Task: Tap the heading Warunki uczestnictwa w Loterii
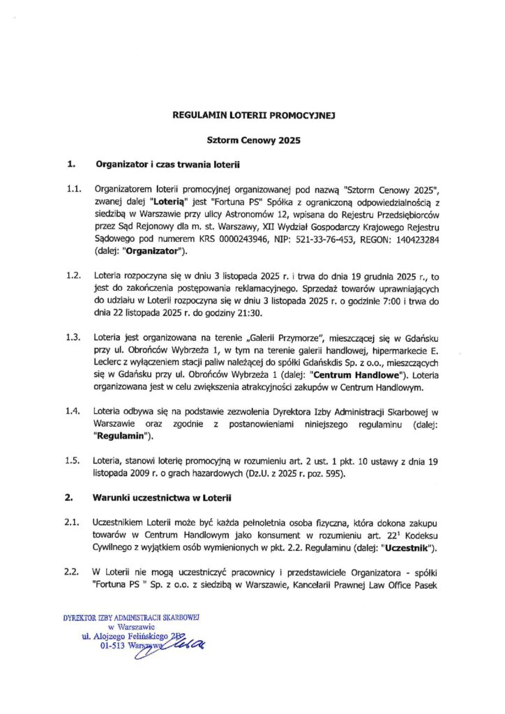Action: (164, 499)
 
